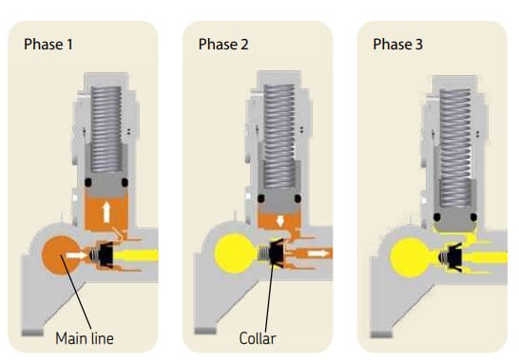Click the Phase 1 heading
click(48, 45)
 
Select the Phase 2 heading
click(223, 45)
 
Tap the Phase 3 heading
click(398, 45)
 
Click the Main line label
click(85, 338)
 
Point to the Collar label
click(258, 338)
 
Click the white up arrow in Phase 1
click(106, 213)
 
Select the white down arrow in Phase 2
click(280, 221)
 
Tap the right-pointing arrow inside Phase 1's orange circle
click(77, 256)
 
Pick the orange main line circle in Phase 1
click(61, 256)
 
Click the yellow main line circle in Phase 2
click(234, 254)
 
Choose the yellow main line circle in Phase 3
click(409, 257)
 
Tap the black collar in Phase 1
click(106, 255)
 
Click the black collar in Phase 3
click(454, 257)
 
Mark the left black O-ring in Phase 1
click(88, 182)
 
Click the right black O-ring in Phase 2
click(298, 199)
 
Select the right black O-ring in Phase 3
click(473, 218)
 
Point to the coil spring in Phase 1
click(106, 129)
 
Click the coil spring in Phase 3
click(455, 148)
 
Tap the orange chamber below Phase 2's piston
click(279, 221)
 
